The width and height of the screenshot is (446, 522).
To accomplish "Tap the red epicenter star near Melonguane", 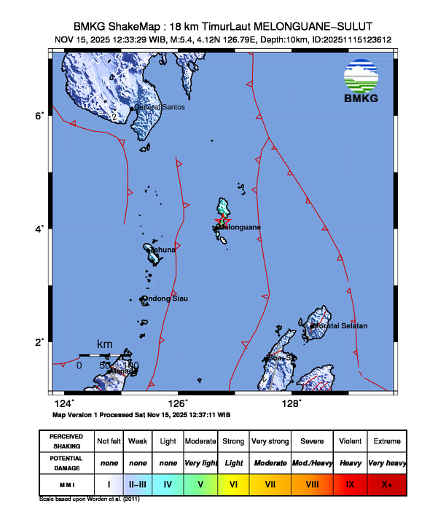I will tap(222, 220).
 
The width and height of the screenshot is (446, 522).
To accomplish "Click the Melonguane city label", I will tap(242, 227).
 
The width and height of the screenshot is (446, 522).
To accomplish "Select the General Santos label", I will tap(160, 107).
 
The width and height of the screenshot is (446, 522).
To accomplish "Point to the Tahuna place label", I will tap(163, 250).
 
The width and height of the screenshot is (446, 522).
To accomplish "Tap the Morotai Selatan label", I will tap(341, 325).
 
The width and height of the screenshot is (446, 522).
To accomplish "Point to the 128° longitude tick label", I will tap(292, 402).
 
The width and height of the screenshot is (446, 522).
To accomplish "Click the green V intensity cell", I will tap(201, 482).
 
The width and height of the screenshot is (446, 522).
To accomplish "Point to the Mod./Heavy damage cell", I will tap(313, 462).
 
